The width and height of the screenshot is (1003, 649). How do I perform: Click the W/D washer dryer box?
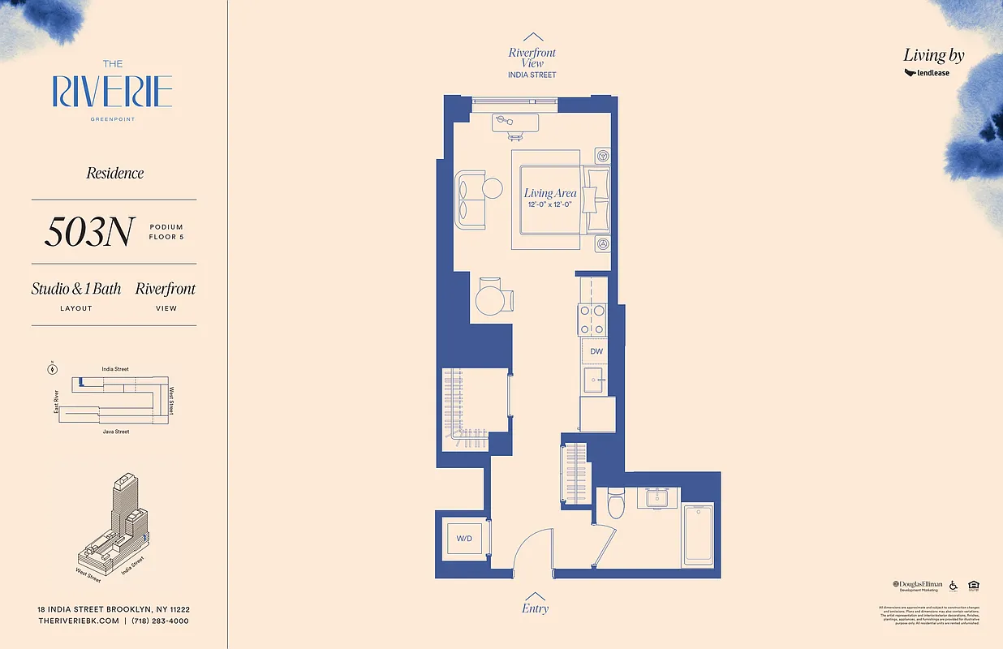[x=463, y=537]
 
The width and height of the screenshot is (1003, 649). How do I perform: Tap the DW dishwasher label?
[x=596, y=351]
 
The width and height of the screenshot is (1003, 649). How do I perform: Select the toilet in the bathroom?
[x=615, y=504]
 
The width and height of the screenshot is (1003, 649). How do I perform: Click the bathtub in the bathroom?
[x=698, y=534]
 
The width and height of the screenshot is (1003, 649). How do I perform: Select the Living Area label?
[x=550, y=193]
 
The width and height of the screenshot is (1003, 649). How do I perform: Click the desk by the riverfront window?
[x=515, y=122]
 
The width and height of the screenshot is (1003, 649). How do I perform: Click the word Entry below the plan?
[x=535, y=608]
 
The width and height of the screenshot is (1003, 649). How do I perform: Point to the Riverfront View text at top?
[x=532, y=58]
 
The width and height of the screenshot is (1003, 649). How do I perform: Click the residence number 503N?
[x=89, y=232]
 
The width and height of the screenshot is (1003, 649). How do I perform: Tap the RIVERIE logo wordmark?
[x=113, y=92]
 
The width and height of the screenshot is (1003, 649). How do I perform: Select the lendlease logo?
[x=927, y=73]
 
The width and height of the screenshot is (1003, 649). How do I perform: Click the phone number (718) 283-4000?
[x=160, y=621]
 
